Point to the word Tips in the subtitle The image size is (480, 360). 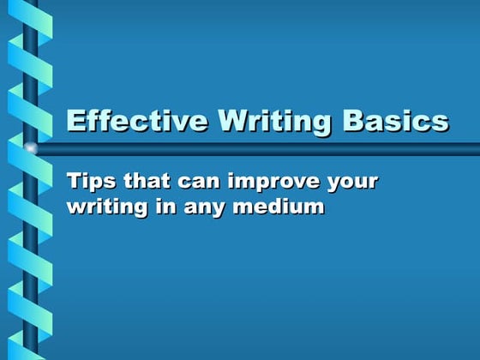pyautogui.click(x=87, y=182)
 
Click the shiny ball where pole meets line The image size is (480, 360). pyautogui.click(x=31, y=148)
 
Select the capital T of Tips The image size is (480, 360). pyautogui.click(x=74, y=182)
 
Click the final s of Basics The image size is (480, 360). pyautogui.click(x=441, y=123)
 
